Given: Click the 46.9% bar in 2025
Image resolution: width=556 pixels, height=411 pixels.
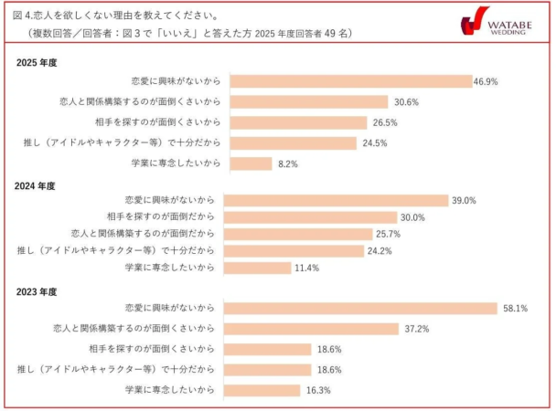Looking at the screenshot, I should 347,81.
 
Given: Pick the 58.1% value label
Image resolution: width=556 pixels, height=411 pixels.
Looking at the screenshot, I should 514,308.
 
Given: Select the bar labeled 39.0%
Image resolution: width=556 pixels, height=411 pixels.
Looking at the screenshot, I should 336,200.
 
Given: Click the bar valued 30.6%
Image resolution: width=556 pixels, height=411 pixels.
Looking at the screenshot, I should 305,101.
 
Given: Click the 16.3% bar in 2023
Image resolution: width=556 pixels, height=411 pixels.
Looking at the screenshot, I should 262,390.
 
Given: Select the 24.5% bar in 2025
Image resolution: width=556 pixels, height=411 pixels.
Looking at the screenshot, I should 289,143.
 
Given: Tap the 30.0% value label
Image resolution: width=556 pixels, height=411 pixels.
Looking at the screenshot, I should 412,217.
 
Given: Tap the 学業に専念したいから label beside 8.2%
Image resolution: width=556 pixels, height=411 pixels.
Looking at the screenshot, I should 173,164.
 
